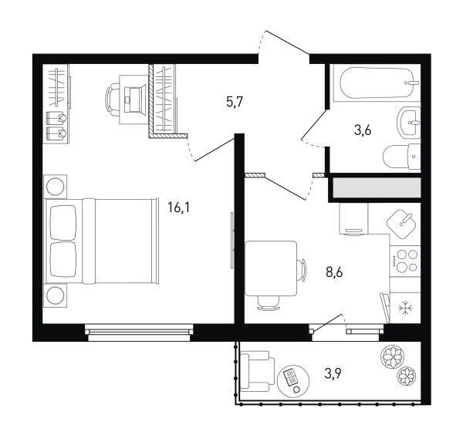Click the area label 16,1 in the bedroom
click(179, 208)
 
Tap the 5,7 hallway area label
click(234, 102)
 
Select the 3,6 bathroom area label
click(363, 130)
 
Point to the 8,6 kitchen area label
click(334, 272)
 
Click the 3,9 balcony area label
click(333, 374)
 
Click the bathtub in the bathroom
click(377, 83)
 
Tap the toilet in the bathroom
click(401, 157)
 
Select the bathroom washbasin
click(409, 122)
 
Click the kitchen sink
click(401, 224)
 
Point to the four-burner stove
click(405, 261)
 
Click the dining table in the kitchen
click(271, 268)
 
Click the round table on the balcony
click(293, 381)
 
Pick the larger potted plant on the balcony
click(392, 356)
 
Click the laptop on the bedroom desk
click(135, 100)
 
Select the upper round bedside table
click(55, 187)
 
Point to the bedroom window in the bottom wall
click(139, 333)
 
